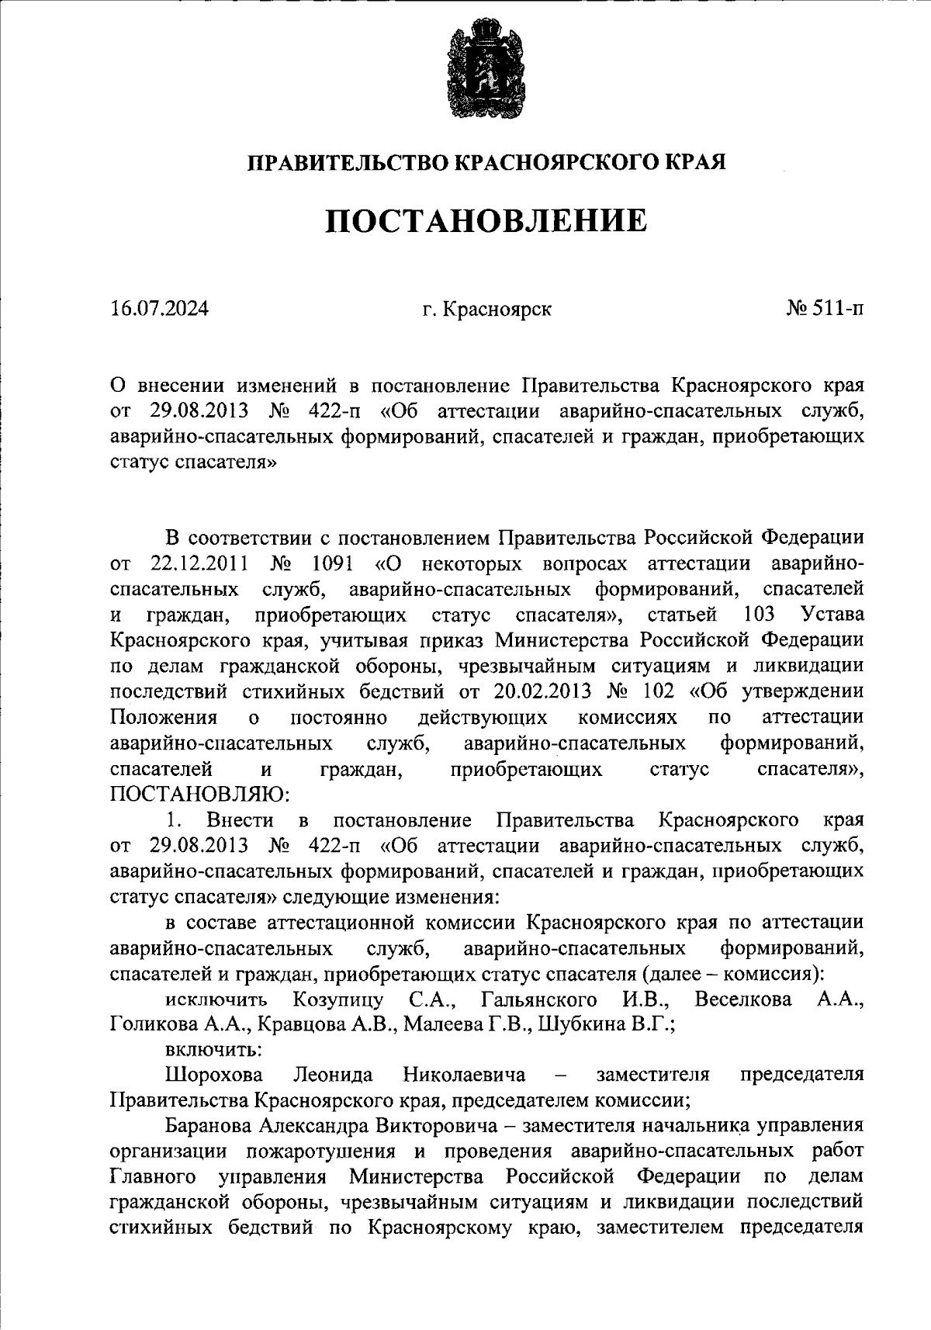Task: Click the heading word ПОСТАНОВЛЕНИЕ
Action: (x=486, y=221)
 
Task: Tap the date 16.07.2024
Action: (x=159, y=309)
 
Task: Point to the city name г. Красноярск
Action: (x=487, y=310)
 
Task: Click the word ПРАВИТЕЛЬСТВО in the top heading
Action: (x=346, y=162)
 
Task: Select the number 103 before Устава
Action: (x=758, y=615)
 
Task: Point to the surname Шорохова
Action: (x=214, y=1075)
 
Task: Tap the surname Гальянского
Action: (x=538, y=999)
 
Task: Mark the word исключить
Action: (x=216, y=999)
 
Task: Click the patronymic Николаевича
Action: (x=464, y=1075)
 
